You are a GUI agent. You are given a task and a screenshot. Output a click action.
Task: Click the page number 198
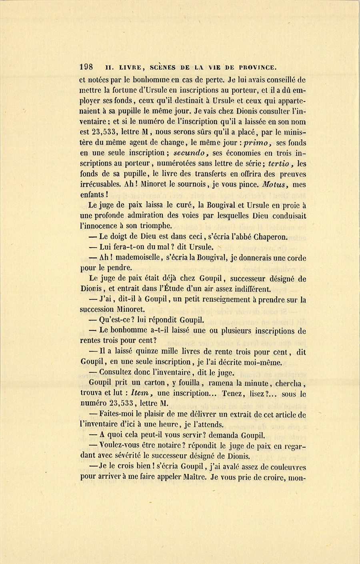pos(86,67)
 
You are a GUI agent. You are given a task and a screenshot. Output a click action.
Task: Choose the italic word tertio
pos(281,164)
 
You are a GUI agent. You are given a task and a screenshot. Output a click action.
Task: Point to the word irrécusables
pos(102,185)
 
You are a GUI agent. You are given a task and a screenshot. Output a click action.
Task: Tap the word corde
pos(296,258)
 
